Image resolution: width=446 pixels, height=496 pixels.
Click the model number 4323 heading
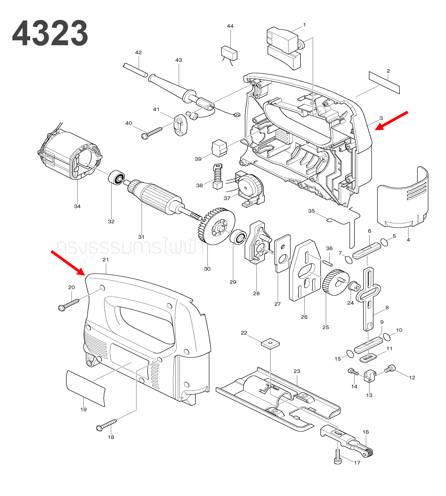coord(50,33)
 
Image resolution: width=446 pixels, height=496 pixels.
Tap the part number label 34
coord(77,206)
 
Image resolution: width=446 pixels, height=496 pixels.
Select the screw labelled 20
coord(68,305)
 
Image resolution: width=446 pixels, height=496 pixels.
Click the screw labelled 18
coord(107,425)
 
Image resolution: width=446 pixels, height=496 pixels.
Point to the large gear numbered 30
coord(217,226)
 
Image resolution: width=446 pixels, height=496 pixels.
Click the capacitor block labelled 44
coord(229,53)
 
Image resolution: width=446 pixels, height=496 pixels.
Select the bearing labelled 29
coord(238,237)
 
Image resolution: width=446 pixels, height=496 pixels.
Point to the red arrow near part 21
coord(68,263)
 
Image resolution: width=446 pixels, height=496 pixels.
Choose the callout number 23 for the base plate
coord(297,371)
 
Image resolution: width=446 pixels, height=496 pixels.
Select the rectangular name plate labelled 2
coord(384,83)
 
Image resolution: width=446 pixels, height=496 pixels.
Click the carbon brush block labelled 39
coord(219,148)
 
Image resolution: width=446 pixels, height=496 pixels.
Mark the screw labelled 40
coord(152,133)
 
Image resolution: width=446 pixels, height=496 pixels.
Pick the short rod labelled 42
coord(135,70)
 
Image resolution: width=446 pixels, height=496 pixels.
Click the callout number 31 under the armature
coord(141,237)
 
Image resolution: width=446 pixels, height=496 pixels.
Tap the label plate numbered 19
coord(85,388)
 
